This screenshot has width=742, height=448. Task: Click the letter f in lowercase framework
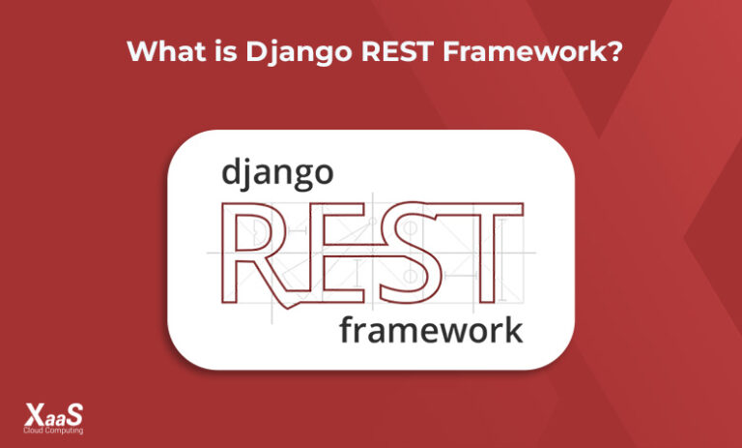tap(347, 328)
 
